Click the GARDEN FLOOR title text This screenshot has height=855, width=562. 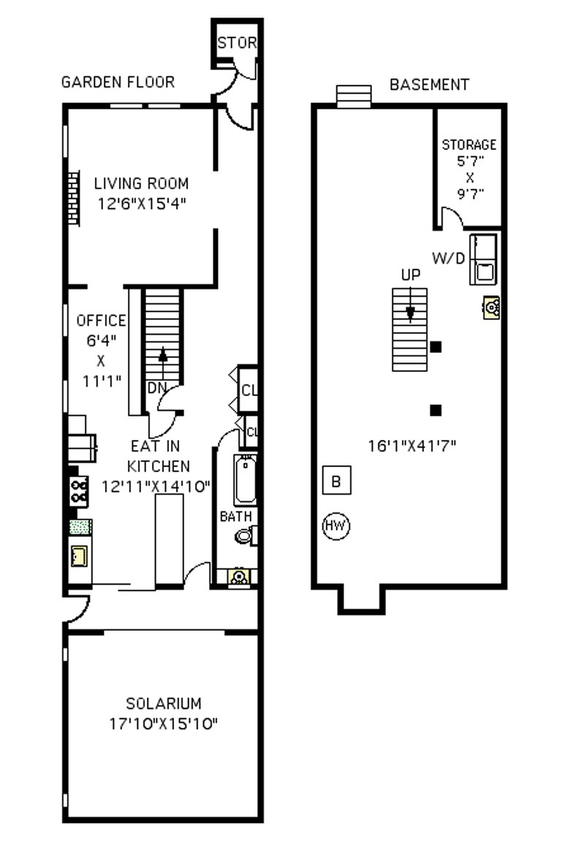[x=118, y=82]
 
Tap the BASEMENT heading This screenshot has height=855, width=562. [x=429, y=85]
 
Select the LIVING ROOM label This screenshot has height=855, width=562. [x=141, y=183]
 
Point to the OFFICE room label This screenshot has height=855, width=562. [x=101, y=321]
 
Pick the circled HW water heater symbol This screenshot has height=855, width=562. [x=337, y=525]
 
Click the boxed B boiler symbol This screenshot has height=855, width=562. [x=336, y=481]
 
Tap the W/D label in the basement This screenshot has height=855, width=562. [x=448, y=258]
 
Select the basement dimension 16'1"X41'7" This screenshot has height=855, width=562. [x=411, y=445]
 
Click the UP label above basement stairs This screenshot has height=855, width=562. [x=410, y=275]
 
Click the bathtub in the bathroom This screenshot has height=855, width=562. [x=245, y=479]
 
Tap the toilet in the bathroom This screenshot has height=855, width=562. [x=244, y=536]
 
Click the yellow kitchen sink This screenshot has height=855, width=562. [x=79, y=556]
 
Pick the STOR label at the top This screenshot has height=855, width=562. [x=237, y=43]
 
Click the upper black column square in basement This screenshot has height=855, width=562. [x=436, y=347]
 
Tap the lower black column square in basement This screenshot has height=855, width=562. [x=436, y=410]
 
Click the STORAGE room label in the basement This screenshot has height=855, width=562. [x=468, y=145]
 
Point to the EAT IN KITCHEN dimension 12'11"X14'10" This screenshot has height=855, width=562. [x=156, y=485]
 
